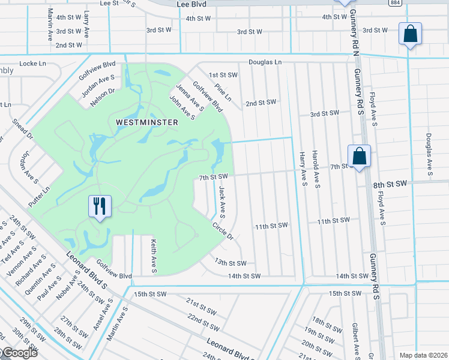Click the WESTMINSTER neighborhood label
pos(147,122)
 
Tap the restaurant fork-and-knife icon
pos(99,206)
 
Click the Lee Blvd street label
pos(191,4)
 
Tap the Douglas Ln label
pos(265,62)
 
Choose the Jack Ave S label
pos(222,201)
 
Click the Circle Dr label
pos(222,231)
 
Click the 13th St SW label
pos(231,263)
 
